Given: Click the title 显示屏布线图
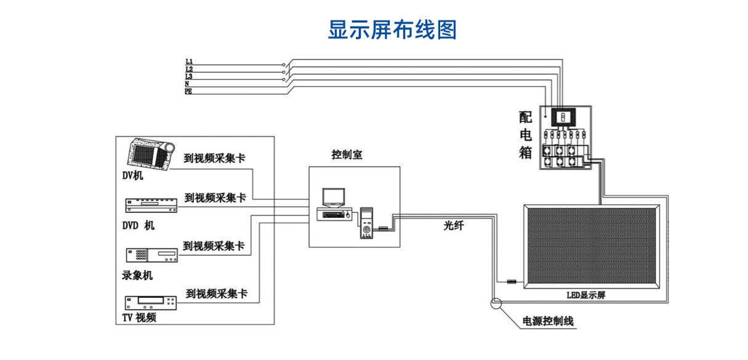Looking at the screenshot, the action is coord(392,30).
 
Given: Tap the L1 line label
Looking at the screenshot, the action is coord(189,62).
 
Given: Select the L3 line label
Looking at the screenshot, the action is coord(188,76).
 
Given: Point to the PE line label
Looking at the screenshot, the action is coord(188,91).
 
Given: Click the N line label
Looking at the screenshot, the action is coord(187,84).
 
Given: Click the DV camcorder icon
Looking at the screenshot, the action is coord(151,154).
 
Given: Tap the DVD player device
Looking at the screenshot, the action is coord(151,206).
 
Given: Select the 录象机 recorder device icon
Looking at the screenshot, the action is coord(152,255).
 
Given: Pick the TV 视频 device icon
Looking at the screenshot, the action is coord(151,303).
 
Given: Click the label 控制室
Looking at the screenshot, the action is coord(347,154).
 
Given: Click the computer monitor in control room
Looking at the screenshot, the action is coord(333,198).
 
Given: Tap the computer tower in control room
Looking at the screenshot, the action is coord(366,223).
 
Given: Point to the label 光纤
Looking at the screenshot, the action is coord(454,226).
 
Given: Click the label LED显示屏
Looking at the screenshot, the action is coord(585,295).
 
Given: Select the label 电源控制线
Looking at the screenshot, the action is coord(548,321).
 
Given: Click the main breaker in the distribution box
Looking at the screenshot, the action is coord(563,117).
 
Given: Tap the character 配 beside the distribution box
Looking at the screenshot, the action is coord(525,118).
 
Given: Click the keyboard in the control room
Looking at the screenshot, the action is coord(334,215).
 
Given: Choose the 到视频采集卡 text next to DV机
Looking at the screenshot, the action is coord(214,158).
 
